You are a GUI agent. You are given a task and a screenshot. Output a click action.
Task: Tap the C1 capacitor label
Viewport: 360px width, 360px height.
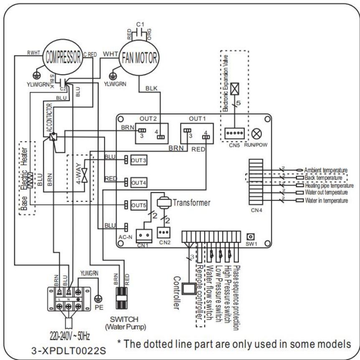(145, 25)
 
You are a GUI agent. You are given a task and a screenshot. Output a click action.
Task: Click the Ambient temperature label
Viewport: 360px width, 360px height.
(326, 170)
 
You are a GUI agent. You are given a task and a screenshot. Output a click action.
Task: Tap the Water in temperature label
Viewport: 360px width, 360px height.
(326, 201)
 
